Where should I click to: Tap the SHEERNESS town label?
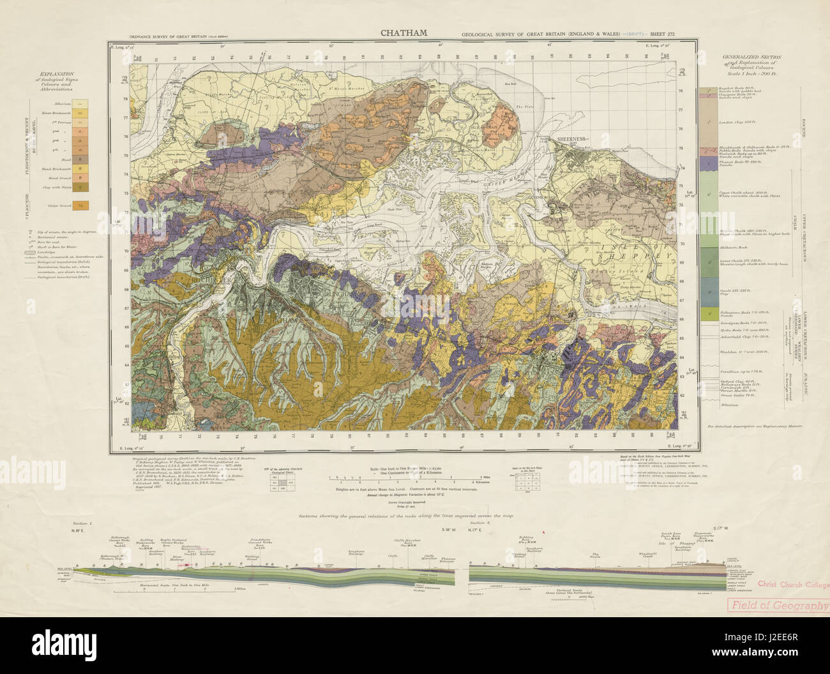coord(571,139)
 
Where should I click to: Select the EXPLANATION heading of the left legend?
coord(54,74)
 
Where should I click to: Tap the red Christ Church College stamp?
coord(792,585)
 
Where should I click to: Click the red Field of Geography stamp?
coord(779,606)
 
